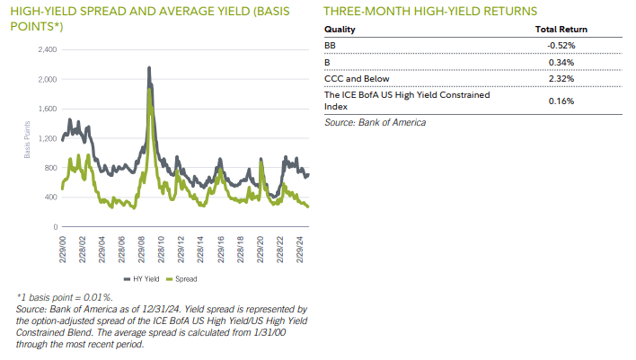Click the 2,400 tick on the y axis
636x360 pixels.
(x=48, y=48)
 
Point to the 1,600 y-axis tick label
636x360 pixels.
(x=48, y=109)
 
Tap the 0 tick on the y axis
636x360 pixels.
(x=55, y=227)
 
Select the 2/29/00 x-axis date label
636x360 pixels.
(x=62, y=250)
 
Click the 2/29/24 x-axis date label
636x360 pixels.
(x=299, y=250)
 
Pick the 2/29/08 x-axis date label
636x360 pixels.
(x=141, y=250)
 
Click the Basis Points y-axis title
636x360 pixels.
(x=27, y=143)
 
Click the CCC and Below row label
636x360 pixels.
(x=357, y=79)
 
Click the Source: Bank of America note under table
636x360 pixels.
(x=375, y=121)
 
